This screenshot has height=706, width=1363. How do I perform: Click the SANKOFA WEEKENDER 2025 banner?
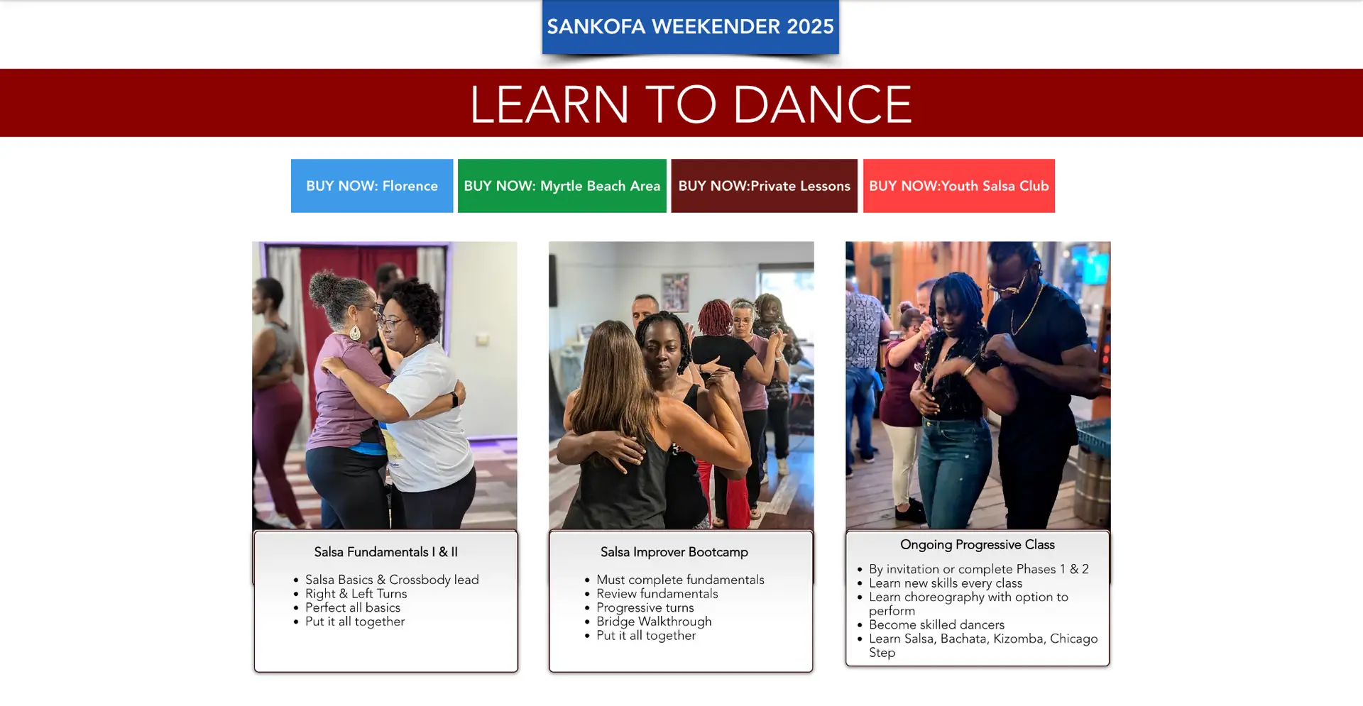pos(690,27)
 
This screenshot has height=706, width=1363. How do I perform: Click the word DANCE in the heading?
pos(822,104)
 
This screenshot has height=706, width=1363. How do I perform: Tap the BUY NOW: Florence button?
pos(372,186)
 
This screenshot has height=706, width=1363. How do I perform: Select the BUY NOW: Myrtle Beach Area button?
pos(562,186)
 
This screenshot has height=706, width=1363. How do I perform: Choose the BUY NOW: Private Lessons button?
pos(765,186)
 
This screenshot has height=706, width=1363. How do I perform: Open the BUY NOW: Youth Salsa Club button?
pos(959,186)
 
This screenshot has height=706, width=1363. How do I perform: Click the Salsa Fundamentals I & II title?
pos(386,552)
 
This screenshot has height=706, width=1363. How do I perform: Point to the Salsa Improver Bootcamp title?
pos(674,552)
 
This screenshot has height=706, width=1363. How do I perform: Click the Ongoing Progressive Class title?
pos(978,544)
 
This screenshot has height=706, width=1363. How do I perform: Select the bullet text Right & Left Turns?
pos(356,594)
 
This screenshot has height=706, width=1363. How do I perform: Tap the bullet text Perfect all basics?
pos(353,607)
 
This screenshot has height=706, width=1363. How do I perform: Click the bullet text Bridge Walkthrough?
pos(654,622)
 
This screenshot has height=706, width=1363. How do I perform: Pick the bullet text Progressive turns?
pos(645,608)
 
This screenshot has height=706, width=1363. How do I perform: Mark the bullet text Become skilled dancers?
pos(937,624)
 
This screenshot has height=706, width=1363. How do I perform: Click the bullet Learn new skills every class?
pos(946,583)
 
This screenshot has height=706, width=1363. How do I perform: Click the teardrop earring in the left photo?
pos(354,331)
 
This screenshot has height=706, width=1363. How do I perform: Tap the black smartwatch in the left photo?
pos(454,399)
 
